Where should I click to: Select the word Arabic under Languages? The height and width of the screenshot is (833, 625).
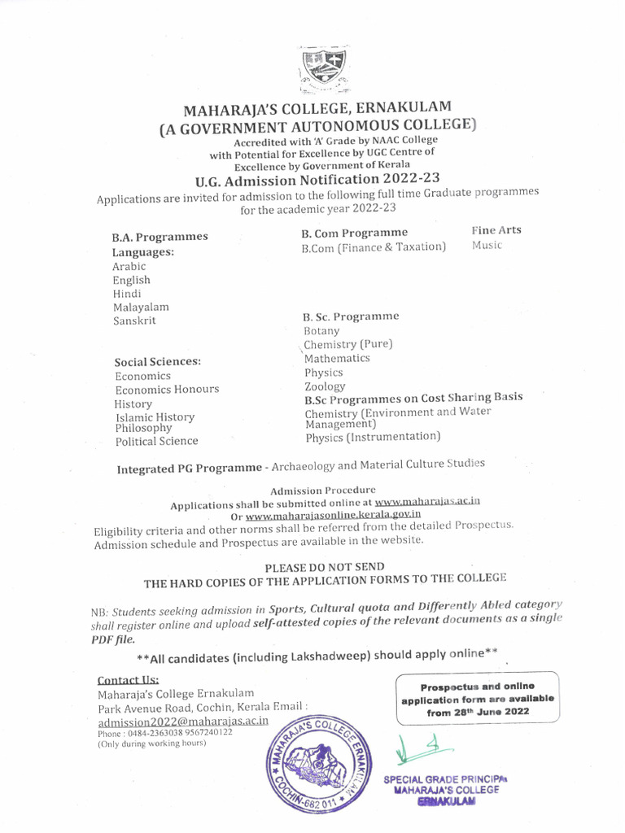click(129, 266)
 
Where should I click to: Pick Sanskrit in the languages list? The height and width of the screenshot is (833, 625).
click(134, 321)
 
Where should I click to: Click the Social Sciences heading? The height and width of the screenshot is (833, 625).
click(158, 361)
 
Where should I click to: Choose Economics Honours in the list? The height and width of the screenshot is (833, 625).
click(167, 390)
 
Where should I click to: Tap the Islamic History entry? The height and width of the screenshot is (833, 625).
click(155, 416)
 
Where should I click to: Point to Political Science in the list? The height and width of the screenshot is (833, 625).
click(156, 441)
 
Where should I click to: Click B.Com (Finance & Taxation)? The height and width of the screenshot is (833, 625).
click(374, 246)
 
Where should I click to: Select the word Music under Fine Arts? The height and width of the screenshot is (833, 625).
click(487, 245)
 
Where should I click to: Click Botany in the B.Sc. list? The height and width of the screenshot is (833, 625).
click(321, 331)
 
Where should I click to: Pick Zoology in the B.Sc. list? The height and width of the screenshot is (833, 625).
click(325, 386)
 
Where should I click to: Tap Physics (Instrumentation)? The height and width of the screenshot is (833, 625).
click(373, 437)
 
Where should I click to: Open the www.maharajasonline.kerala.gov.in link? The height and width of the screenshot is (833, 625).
click(333, 514)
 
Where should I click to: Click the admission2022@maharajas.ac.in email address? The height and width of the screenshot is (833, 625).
click(183, 722)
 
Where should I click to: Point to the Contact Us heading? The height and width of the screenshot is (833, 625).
click(128, 680)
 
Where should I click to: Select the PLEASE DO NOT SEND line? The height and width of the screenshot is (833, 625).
click(325, 566)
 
